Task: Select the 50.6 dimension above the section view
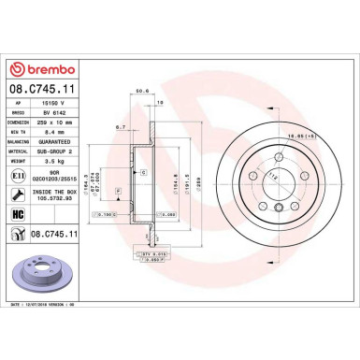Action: pos(143,92)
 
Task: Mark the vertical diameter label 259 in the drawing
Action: pos(199,179)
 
